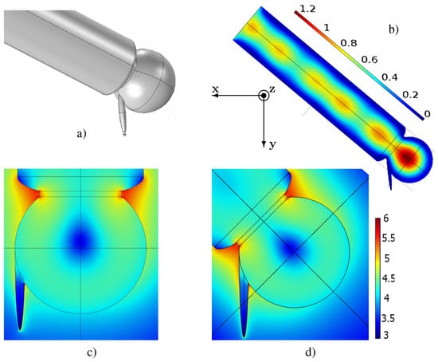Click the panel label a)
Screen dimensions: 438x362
point(81,134)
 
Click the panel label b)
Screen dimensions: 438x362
point(394,29)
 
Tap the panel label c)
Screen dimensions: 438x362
point(92,352)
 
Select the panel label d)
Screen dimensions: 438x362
point(311,352)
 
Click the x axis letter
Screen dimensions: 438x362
point(215,89)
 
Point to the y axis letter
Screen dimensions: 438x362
point(272,144)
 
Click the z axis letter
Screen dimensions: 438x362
point(272,89)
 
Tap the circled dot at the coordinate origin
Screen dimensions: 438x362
point(264,96)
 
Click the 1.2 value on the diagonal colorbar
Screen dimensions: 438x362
point(307,9)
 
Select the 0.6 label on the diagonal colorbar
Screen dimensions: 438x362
point(370,59)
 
